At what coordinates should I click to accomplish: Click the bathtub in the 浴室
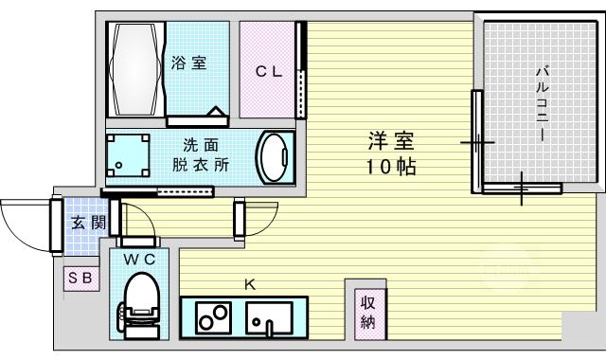click(x=135, y=69)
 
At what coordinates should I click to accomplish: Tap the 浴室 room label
click(x=189, y=63)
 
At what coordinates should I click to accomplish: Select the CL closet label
click(x=269, y=72)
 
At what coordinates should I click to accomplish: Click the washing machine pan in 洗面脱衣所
click(x=128, y=155)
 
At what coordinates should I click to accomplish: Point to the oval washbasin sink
click(x=275, y=158)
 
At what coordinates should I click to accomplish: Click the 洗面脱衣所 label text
click(x=201, y=155)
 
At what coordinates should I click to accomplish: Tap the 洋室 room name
click(x=391, y=141)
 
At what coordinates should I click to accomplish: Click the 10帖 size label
click(x=391, y=167)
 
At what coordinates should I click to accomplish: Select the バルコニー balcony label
click(x=542, y=104)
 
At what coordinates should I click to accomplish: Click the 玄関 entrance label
click(x=89, y=223)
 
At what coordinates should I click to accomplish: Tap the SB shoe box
click(x=81, y=279)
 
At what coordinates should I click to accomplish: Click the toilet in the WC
click(x=141, y=306)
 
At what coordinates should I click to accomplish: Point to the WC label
click(x=139, y=260)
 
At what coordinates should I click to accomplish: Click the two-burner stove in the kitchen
click(x=213, y=318)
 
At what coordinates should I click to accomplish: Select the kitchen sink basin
click(x=269, y=318)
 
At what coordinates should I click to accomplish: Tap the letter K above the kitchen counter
click(x=250, y=285)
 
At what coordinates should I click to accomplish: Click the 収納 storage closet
click(x=370, y=314)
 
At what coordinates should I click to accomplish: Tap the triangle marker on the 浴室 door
click(x=215, y=112)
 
